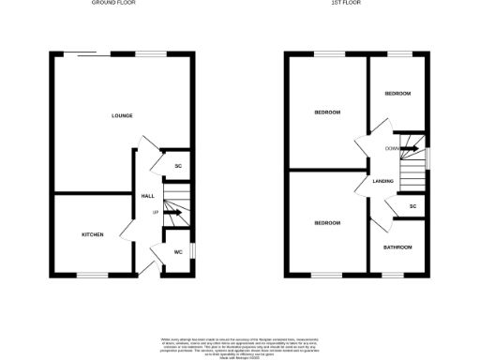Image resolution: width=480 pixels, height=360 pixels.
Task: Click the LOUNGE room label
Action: pyautogui.click(x=122, y=115)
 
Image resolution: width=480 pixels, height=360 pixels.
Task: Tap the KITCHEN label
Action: pyautogui.click(x=92, y=234)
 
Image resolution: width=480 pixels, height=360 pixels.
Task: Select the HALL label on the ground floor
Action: pyautogui.click(x=147, y=196)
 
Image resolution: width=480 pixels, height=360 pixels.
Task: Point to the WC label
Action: pyautogui.click(x=177, y=251)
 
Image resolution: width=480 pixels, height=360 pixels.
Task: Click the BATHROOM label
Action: pyautogui.click(x=397, y=247)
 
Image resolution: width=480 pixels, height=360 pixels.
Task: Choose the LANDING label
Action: pyautogui.click(x=382, y=181)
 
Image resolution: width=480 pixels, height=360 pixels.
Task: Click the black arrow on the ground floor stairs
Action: pyautogui.click(x=174, y=212)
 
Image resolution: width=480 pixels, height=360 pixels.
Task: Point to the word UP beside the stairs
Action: pyautogui.click(x=156, y=212)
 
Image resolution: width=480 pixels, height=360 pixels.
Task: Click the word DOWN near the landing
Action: pyautogui.click(x=392, y=149)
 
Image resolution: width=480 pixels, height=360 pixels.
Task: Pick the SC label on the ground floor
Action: pyautogui.click(x=178, y=167)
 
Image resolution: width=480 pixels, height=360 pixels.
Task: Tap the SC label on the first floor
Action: pyautogui.click(x=412, y=206)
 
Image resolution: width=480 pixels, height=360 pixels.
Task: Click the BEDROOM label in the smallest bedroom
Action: pyautogui.click(x=397, y=94)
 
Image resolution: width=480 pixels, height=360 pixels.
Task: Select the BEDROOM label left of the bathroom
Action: pyautogui.click(x=327, y=223)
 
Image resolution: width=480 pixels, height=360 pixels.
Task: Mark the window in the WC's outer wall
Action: pyautogui.click(x=193, y=251)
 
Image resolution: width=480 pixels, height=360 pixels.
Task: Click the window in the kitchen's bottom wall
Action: pyautogui.click(x=92, y=275)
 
